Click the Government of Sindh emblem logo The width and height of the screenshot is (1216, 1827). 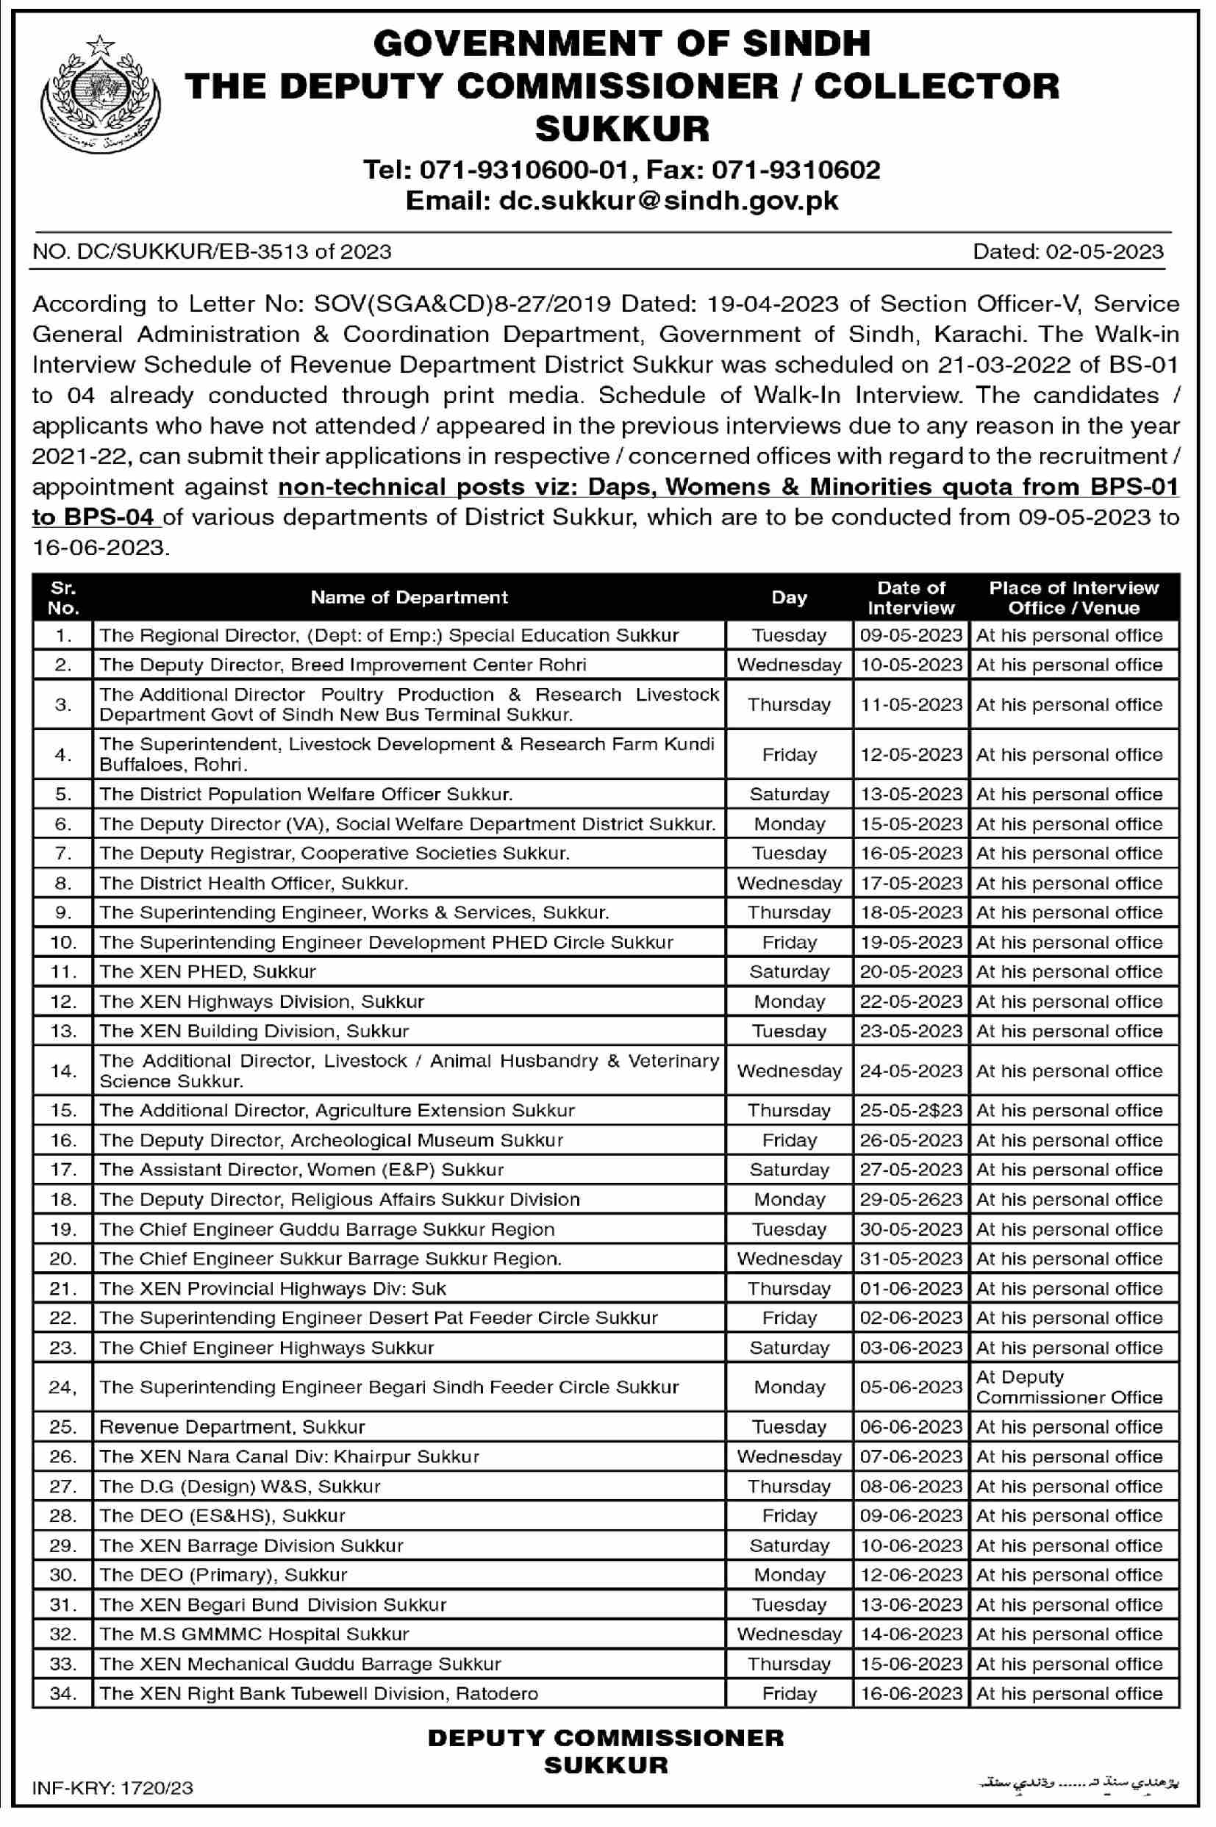pyautogui.click(x=99, y=94)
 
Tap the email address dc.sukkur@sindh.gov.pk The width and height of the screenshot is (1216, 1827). pyautogui.click(x=622, y=201)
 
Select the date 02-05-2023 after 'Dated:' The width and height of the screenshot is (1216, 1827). pyautogui.click(x=1104, y=251)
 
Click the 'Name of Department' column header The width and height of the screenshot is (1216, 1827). pyautogui.click(x=409, y=597)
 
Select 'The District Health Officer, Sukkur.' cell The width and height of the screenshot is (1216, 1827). pyautogui.click(x=254, y=882)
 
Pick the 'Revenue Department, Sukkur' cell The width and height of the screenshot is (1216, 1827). pyautogui.click(x=232, y=1427)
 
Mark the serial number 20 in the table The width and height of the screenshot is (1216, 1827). pyautogui.click(x=62, y=1259)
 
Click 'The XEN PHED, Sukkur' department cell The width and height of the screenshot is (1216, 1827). pyautogui.click(x=208, y=972)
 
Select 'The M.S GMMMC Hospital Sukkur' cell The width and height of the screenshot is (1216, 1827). pyautogui.click(x=254, y=1634)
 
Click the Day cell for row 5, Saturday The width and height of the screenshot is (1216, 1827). pyautogui.click(x=789, y=794)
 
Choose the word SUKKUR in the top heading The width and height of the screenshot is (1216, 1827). pyautogui.click(x=622, y=129)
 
